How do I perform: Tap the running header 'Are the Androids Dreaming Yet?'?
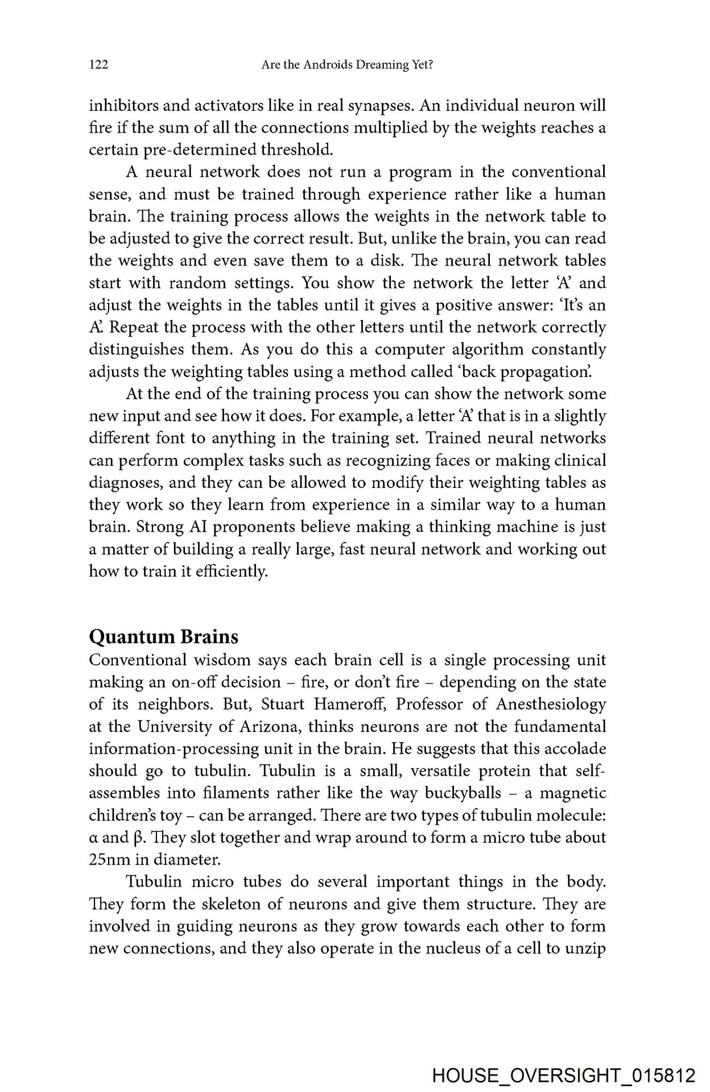click(348, 66)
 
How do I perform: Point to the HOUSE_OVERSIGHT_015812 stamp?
click(564, 1076)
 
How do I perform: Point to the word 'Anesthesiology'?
click(551, 705)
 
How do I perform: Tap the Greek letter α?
click(93, 838)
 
